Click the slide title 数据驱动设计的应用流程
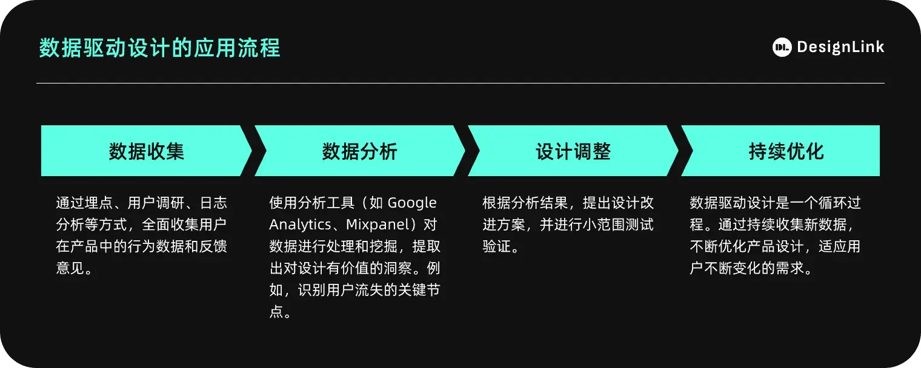point(159,48)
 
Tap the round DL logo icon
point(782,47)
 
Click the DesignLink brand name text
point(840,47)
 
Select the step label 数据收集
point(147,151)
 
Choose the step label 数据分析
point(360,151)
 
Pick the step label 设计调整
point(573,151)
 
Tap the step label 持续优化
point(786,151)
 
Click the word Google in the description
point(412,203)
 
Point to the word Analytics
point(300,225)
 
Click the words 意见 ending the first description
point(70,268)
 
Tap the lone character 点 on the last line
point(276,312)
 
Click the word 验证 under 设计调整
point(497,246)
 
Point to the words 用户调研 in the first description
point(156,203)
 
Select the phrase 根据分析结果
point(525,203)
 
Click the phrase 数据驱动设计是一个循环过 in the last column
point(775,203)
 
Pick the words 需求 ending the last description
point(790,268)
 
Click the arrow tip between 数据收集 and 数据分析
point(251,151)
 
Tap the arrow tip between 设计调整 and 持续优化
point(678,151)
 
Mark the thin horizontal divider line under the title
point(460,84)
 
